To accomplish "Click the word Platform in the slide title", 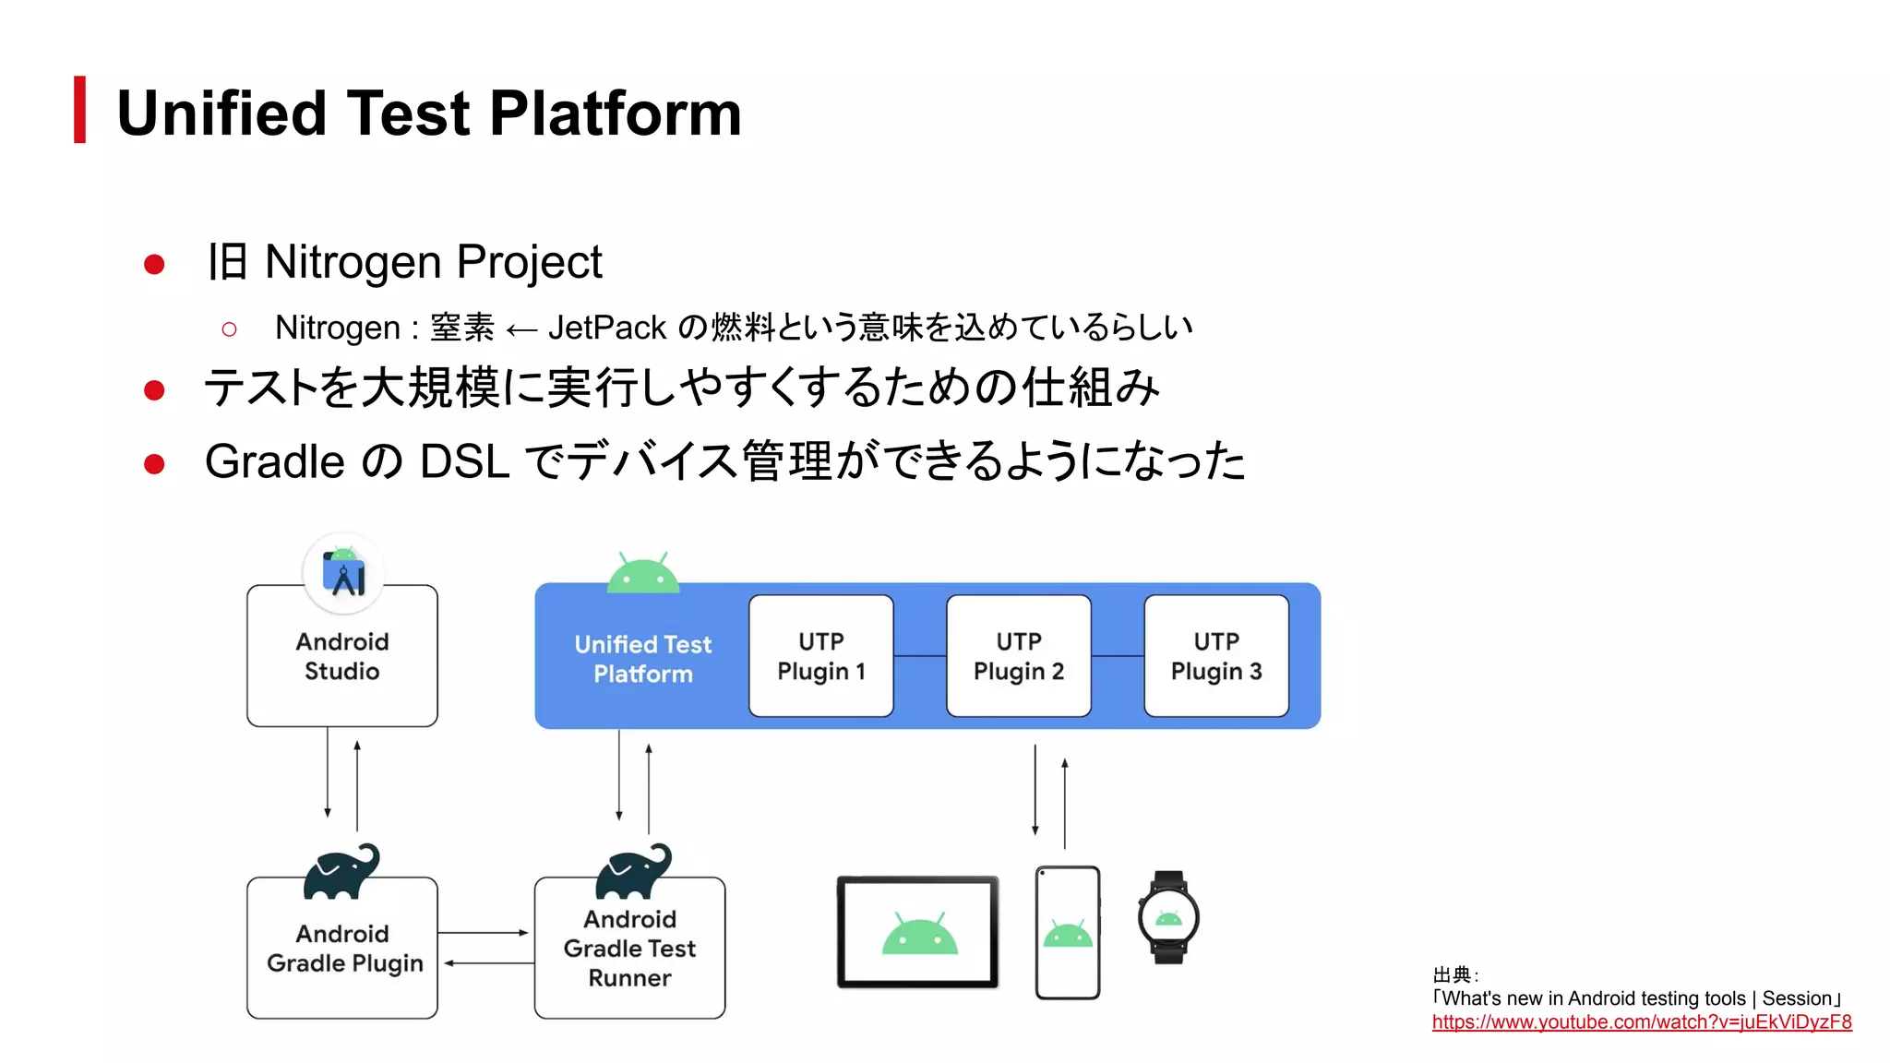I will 616,113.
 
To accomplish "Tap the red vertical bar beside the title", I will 80,110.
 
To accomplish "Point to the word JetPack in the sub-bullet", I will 606,328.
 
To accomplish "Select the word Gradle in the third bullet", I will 275,461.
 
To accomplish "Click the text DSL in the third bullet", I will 464,461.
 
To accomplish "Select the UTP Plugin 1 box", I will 820,656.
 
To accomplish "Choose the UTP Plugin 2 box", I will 1018,656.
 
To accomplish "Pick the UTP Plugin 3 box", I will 1215,656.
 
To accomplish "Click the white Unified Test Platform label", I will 642,658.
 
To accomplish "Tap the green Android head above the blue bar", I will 642,574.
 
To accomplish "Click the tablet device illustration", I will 918,932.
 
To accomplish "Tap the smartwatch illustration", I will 1168,917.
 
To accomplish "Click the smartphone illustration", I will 1067,932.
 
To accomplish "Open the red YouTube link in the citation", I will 1641,1022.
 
